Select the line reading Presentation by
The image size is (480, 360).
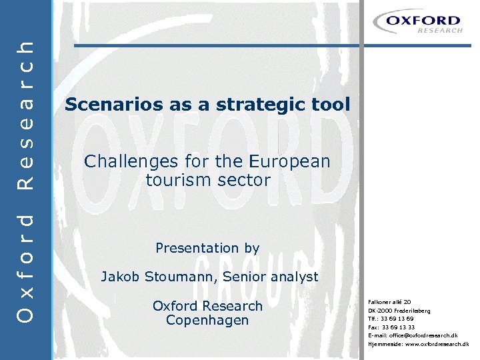click(x=207, y=248)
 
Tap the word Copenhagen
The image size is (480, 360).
click(x=207, y=321)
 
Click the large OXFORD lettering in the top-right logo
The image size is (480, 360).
click(x=432, y=21)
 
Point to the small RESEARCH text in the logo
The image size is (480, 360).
click(x=439, y=31)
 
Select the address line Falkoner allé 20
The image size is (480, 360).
click(x=389, y=302)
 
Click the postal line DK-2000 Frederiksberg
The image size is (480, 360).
click(x=399, y=311)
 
